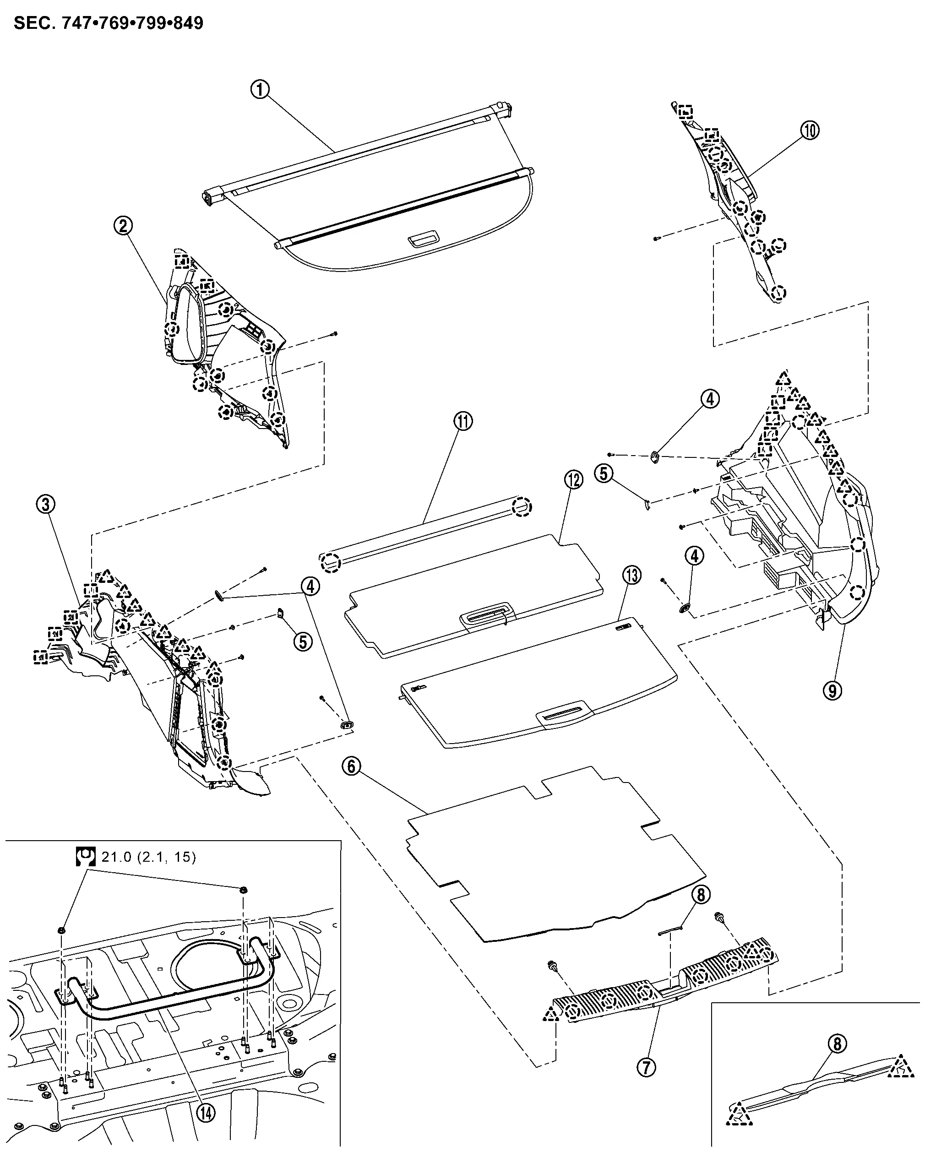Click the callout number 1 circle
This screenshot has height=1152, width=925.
260,89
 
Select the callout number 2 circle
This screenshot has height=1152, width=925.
124,226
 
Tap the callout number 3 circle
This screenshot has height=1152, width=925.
46,504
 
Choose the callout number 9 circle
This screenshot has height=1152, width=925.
832,690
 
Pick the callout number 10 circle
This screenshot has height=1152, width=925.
810,130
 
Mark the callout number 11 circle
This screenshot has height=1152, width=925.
463,421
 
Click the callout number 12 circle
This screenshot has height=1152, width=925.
573,480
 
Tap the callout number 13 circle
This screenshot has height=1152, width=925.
632,576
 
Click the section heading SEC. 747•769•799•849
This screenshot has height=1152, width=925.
109,23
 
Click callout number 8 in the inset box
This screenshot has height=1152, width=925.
838,1043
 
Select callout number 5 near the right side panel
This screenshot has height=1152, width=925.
604,473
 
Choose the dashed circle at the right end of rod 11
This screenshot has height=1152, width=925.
522,506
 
